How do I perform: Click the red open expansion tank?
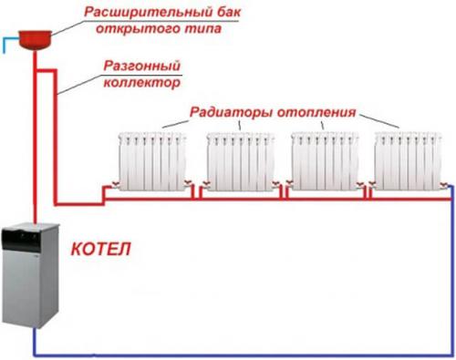click(x=35, y=36)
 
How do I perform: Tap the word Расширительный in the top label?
click(x=138, y=12)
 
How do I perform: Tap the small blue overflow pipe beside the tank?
click(x=8, y=40)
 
